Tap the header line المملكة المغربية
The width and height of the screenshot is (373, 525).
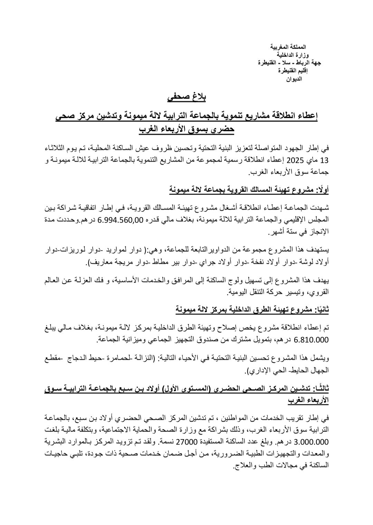290,47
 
